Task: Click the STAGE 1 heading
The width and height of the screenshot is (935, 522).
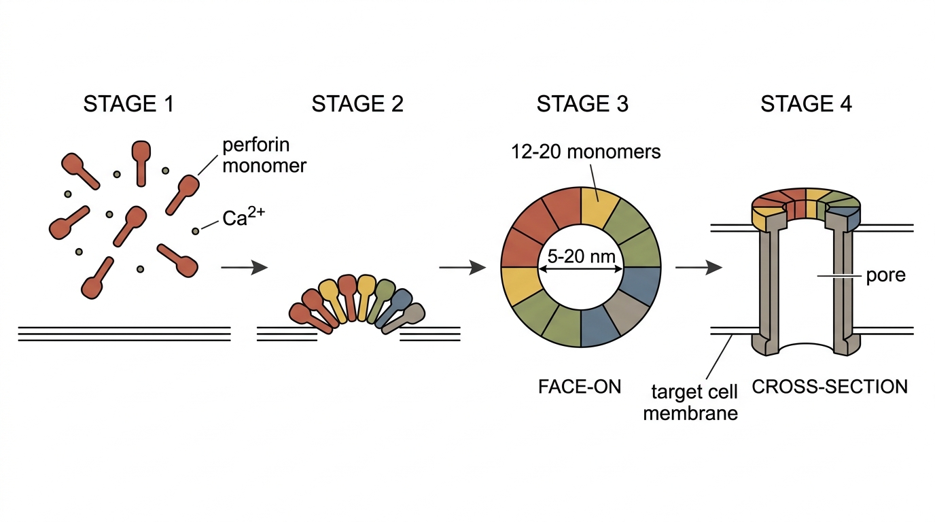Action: tap(128, 103)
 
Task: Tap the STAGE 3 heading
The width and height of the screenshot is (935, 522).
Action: tap(582, 103)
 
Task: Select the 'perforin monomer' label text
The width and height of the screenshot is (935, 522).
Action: tap(264, 156)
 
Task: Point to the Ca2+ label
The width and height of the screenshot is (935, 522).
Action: tap(244, 217)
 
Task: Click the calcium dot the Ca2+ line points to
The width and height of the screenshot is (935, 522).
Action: tap(195, 231)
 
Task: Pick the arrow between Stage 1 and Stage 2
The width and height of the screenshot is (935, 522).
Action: tap(244, 267)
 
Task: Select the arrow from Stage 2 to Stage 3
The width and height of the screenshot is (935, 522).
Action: tap(463, 267)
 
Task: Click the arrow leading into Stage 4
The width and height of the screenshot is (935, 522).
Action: tap(699, 267)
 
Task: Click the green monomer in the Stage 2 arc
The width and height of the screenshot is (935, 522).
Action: tap(381, 300)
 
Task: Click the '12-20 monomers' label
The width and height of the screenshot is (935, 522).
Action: tap(586, 152)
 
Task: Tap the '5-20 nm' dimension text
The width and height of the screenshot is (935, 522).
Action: tap(582, 256)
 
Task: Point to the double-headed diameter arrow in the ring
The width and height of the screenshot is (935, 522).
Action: tap(580, 269)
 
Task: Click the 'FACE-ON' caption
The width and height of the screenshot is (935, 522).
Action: tap(580, 387)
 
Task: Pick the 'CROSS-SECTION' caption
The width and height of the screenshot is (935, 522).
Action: tap(830, 387)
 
